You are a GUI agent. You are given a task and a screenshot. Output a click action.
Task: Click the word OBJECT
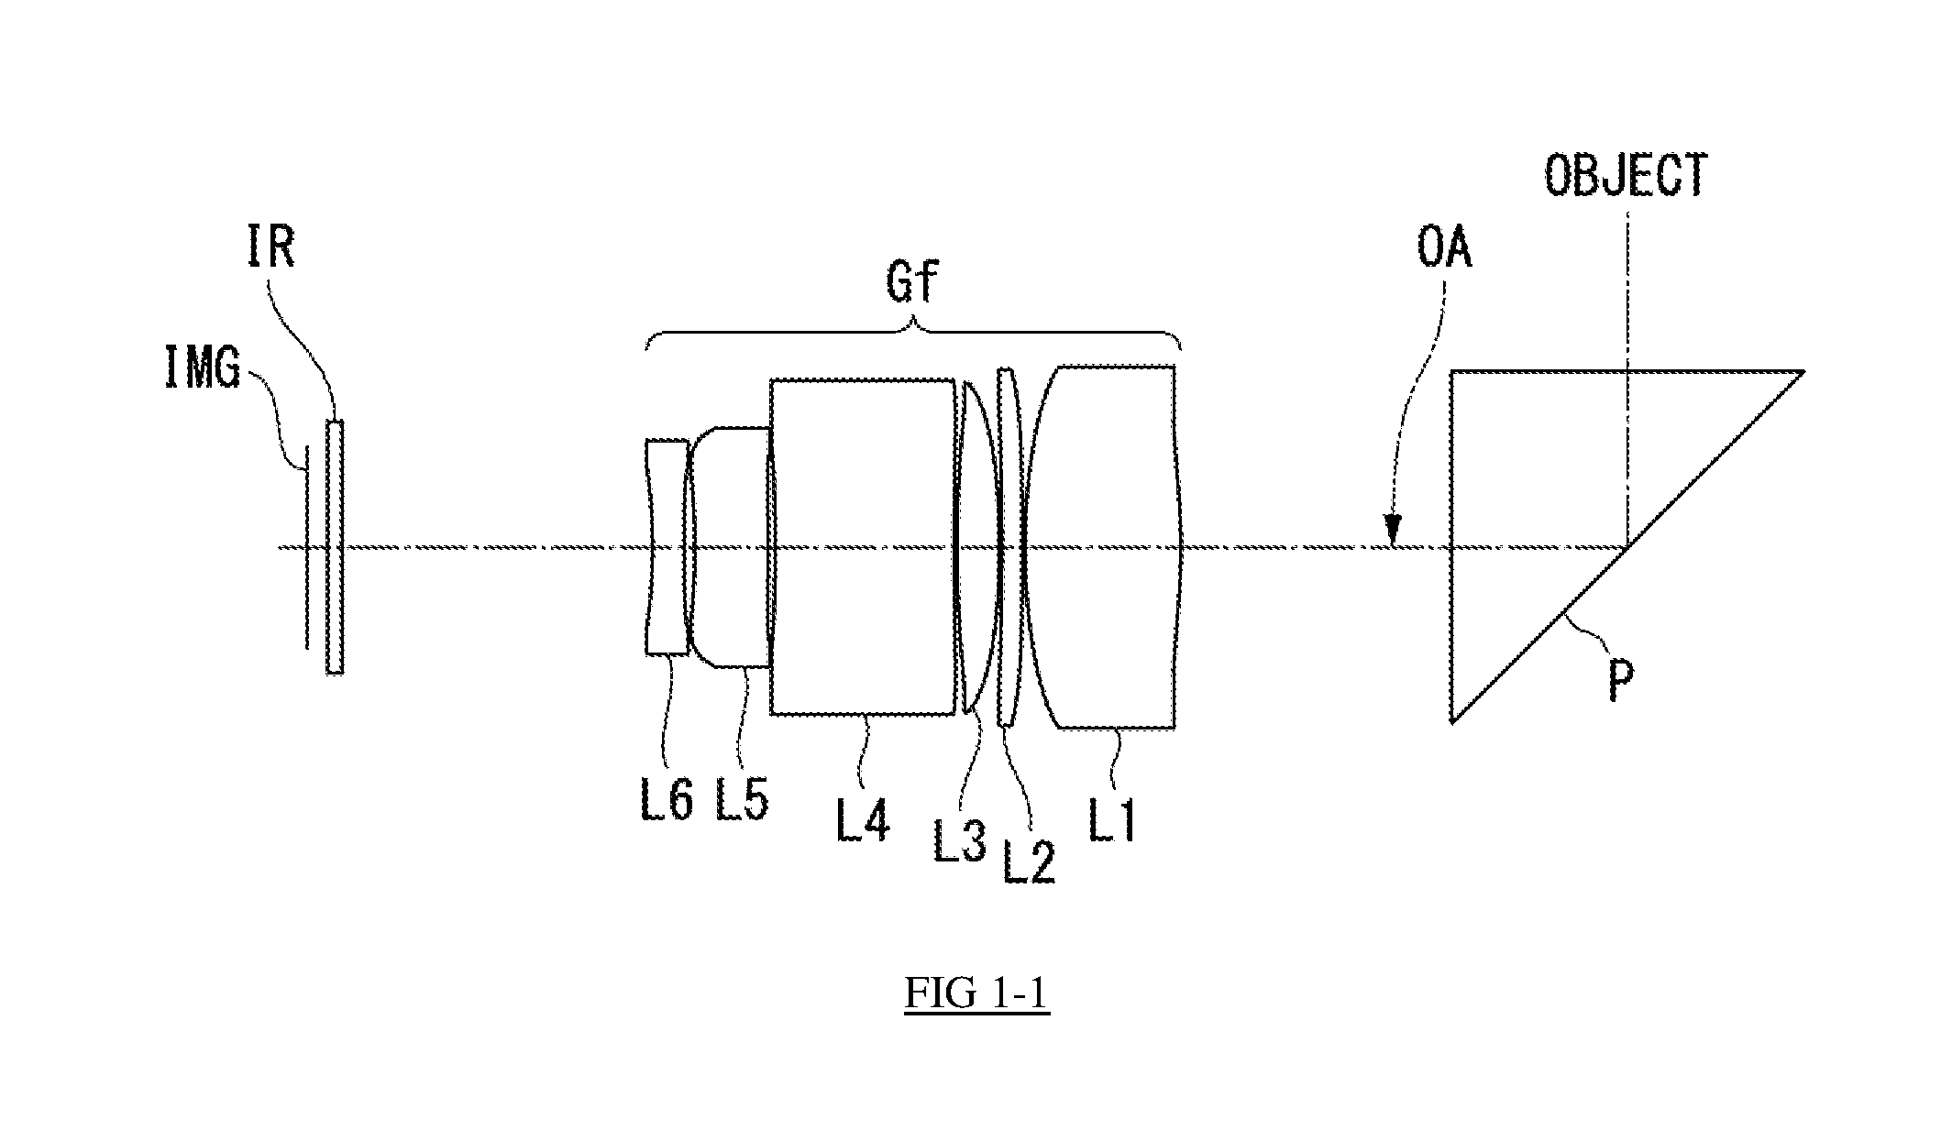[1626, 176]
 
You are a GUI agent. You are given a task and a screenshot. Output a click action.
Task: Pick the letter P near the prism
[1621, 684]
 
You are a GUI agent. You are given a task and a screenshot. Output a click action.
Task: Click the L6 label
[666, 798]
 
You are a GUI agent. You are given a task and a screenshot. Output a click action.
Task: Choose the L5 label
[741, 798]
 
